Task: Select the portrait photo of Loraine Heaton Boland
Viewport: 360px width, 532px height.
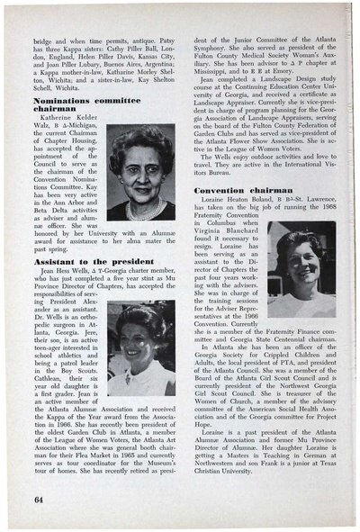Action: [x=298, y=273]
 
